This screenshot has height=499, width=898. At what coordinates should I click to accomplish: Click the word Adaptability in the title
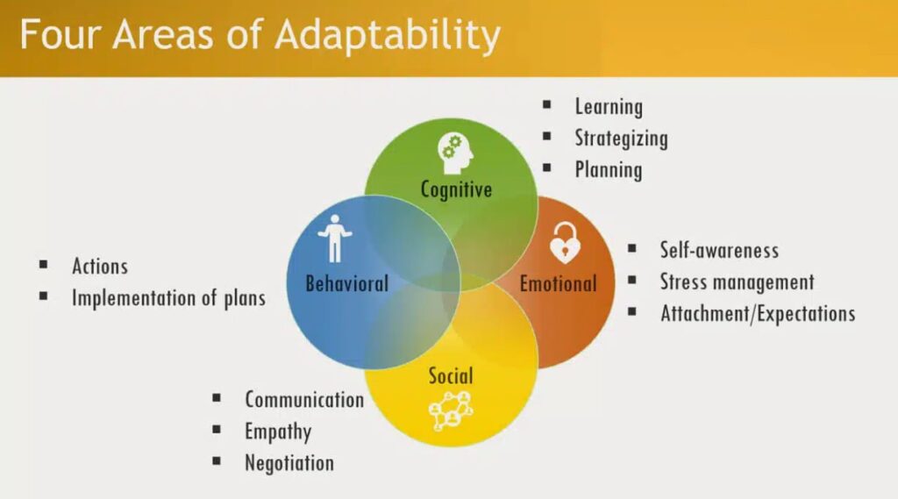point(387,35)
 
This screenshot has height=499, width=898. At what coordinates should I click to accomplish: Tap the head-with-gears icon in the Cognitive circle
point(456,153)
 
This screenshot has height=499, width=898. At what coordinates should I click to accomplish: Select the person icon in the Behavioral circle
point(333,238)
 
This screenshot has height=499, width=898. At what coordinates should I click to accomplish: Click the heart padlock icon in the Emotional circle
point(565,243)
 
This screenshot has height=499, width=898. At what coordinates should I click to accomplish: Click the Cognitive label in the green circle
point(456,189)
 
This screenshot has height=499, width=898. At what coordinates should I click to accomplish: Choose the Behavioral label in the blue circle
point(346,283)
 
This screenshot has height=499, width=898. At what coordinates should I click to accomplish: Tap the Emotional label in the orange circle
point(558,283)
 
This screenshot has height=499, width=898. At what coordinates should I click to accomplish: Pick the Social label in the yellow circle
point(451,376)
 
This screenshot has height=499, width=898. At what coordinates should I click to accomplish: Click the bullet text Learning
point(609,107)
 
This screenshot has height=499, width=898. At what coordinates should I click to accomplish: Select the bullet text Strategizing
point(621,139)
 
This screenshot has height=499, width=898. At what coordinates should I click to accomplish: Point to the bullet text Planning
point(609,169)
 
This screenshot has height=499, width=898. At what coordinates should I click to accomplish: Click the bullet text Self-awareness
point(719,250)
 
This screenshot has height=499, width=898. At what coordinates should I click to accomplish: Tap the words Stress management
point(737,282)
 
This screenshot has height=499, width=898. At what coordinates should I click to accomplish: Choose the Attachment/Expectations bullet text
point(757,313)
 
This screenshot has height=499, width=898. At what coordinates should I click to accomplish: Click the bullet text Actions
point(100,266)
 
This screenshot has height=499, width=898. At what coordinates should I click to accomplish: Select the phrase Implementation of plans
point(168,297)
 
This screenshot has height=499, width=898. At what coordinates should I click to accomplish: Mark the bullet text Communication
point(304,400)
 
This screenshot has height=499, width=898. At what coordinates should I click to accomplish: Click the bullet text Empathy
point(278,431)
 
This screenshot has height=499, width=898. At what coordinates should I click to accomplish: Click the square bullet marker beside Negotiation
point(217,461)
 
